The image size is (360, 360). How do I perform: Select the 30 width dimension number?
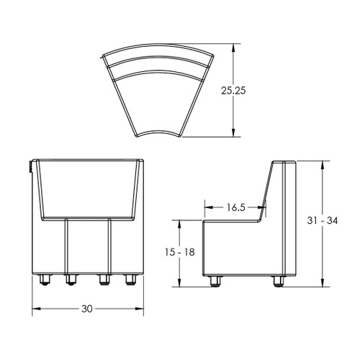87,309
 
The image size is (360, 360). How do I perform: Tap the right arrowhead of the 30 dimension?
140,310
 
